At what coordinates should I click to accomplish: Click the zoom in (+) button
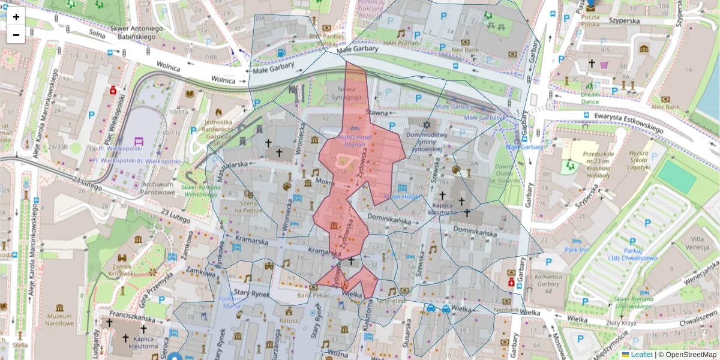pyautogui.click(x=16, y=16)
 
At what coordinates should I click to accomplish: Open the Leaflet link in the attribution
pyautogui.click(x=641, y=355)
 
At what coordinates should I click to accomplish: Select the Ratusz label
pyautogui.click(x=289, y=320)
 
